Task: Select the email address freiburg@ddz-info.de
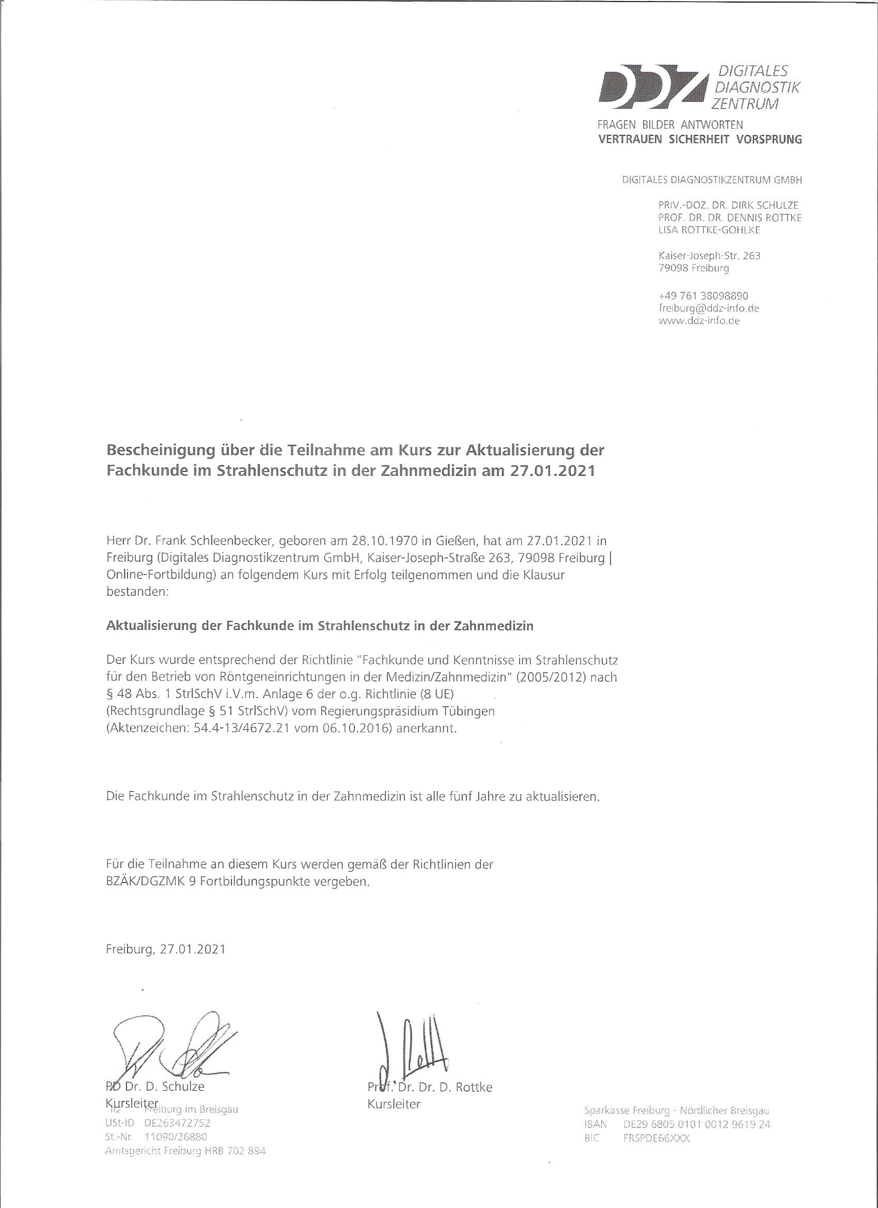pos(708,308)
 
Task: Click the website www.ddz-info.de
pos(699,321)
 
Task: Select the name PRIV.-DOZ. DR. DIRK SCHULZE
pos(729,205)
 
